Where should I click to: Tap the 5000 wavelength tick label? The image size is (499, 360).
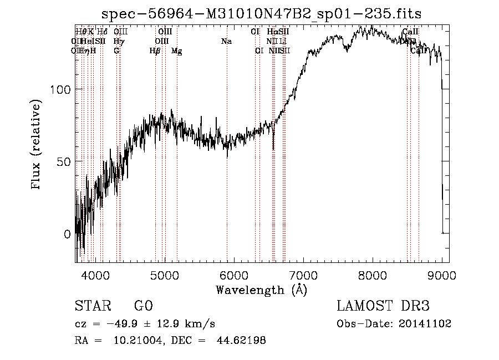click(x=165, y=274)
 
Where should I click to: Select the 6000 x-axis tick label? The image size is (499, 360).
click(x=234, y=274)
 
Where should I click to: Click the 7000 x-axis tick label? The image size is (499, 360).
click(x=303, y=274)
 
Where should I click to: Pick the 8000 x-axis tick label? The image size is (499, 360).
click(x=373, y=274)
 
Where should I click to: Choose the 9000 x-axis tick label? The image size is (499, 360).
click(x=441, y=274)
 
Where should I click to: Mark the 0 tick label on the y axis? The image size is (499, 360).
click(x=68, y=234)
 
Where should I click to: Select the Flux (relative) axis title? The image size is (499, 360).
click(x=37, y=145)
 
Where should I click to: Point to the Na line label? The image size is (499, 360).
click(x=226, y=41)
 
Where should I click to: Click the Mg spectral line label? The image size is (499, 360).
click(x=176, y=51)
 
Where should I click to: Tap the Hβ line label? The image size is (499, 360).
click(x=155, y=51)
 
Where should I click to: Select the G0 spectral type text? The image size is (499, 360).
click(x=143, y=306)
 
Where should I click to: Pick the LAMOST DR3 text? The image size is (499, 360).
click(x=383, y=306)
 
